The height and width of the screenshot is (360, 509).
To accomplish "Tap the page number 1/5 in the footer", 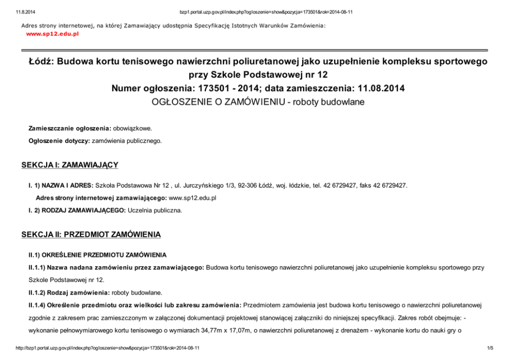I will click(x=490, y=348).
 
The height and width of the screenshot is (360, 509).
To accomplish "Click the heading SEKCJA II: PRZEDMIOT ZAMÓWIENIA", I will click(x=91, y=235).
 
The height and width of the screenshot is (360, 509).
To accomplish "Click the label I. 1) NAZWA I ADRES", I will click(x=61, y=185).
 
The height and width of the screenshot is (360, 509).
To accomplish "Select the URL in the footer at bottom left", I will click(x=108, y=348).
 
